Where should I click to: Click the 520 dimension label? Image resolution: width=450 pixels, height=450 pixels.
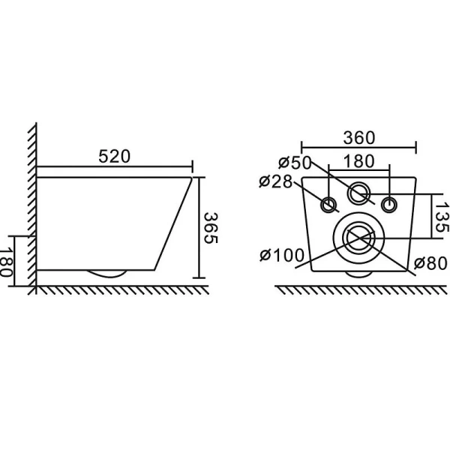click(x=114, y=156)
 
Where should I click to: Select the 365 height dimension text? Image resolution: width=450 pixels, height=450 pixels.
click(x=211, y=229)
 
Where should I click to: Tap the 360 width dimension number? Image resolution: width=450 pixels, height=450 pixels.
click(x=358, y=139)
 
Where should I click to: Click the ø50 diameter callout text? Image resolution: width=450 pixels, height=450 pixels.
click(x=293, y=163)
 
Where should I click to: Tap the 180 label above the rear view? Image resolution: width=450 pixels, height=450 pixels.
click(x=359, y=161)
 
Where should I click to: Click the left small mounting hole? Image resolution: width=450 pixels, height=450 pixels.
click(x=328, y=205)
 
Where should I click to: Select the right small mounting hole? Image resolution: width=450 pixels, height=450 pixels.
click(x=388, y=204)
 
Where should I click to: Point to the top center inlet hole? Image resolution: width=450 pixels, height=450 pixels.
click(x=359, y=193)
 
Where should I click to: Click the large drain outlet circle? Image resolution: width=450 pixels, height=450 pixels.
click(x=358, y=238)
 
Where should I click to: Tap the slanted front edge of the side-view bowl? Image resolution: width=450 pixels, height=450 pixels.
click(x=174, y=225)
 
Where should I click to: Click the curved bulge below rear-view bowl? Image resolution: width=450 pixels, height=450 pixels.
click(x=358, y=274)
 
